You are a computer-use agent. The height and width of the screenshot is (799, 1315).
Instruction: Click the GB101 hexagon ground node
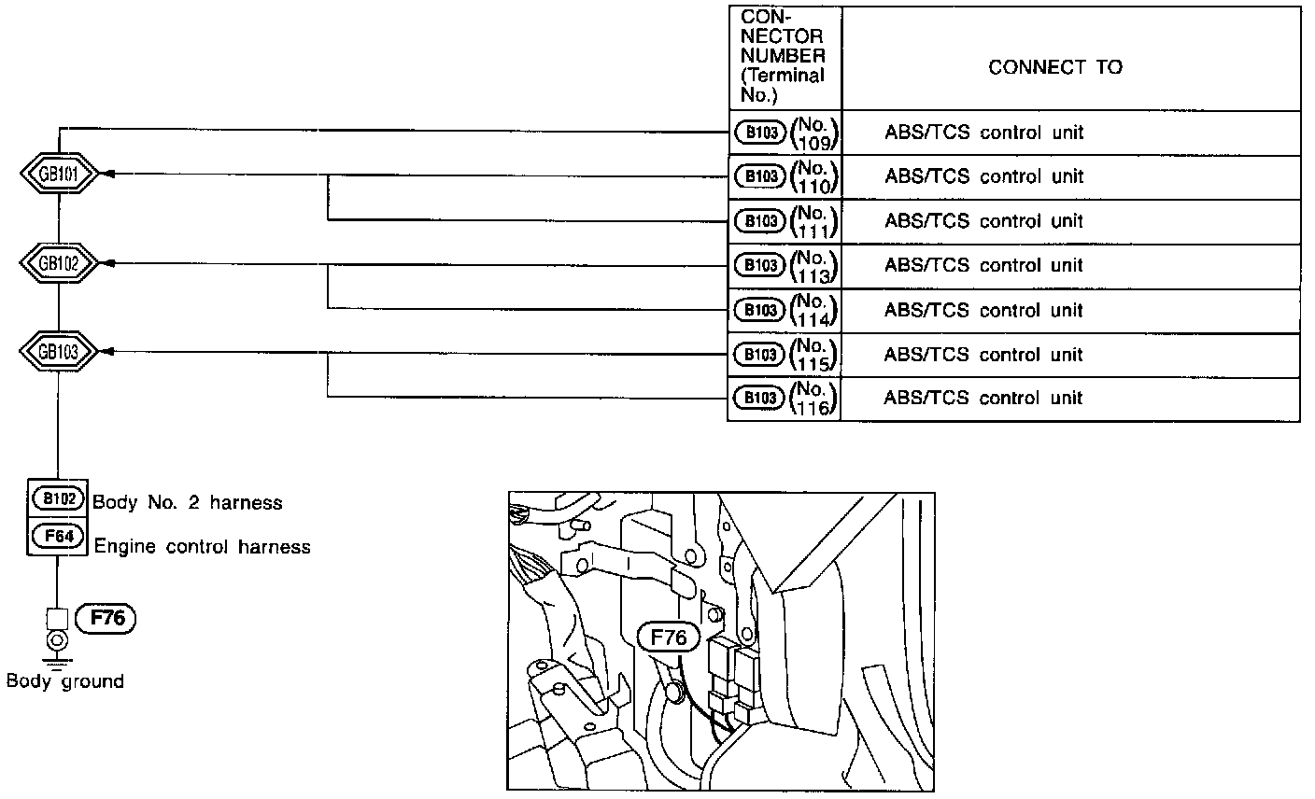click(x=58, y=175)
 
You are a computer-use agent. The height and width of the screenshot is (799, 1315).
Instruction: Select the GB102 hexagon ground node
click(x=58, y=264)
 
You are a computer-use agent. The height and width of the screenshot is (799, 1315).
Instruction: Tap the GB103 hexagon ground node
click(x=58, y=352)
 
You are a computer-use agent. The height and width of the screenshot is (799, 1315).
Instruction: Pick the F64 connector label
click(x=58, y=538)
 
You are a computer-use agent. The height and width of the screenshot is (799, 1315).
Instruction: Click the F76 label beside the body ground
click(x=106, y=618)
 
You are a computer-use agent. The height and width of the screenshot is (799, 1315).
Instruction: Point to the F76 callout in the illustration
click(x=667, y=638)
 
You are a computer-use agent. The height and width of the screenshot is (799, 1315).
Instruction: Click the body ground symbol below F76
click(x=58, y=643)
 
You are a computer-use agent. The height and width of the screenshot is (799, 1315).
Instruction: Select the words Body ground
click(x=64, y=681)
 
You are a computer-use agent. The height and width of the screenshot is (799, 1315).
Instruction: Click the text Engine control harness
click(x=202, y=547)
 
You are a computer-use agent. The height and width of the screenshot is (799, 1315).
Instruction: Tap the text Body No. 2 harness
click(x=187, y=503)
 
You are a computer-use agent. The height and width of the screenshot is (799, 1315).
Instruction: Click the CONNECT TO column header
click(x=1055, y=67)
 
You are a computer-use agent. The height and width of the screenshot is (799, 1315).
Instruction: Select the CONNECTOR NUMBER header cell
click(x=784, y=56)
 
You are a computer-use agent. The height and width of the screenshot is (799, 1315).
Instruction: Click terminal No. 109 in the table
click(x=814, y=133)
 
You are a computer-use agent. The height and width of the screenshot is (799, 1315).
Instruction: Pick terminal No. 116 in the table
click(x=814, y=399)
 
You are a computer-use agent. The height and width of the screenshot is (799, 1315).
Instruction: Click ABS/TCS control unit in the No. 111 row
click(x=984, y=221)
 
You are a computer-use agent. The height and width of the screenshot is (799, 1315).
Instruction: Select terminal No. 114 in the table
click(x=814, y=311)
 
